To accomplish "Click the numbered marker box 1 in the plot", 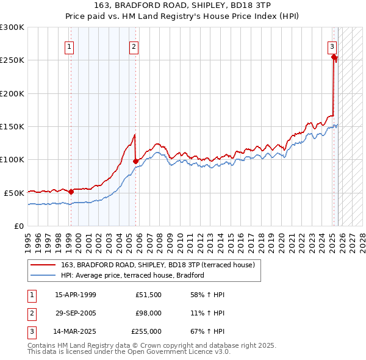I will [70, 46].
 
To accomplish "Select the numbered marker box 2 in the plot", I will [134, 46].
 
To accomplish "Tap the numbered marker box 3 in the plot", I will [332, 46].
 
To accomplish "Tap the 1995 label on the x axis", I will [28, 239].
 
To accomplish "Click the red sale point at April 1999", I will [71, 192].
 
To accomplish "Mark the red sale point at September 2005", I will [136, 161].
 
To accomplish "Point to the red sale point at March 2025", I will [334, 57].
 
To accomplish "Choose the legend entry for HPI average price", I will [132, 275].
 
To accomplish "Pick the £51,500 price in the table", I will [149, 295].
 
